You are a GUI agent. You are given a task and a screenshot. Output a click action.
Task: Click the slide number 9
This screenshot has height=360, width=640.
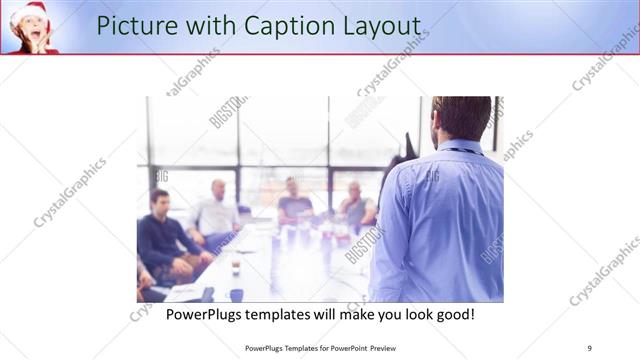click(589, 347)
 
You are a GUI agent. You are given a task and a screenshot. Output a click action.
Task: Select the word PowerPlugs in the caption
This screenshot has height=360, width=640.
click(208, 314)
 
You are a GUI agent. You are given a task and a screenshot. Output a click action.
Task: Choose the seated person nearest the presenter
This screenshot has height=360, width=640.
click(356, 205)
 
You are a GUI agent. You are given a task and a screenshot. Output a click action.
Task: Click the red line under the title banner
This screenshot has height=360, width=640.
click(320, 54)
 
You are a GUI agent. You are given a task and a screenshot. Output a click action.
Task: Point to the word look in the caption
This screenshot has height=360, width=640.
click(400, 314)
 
